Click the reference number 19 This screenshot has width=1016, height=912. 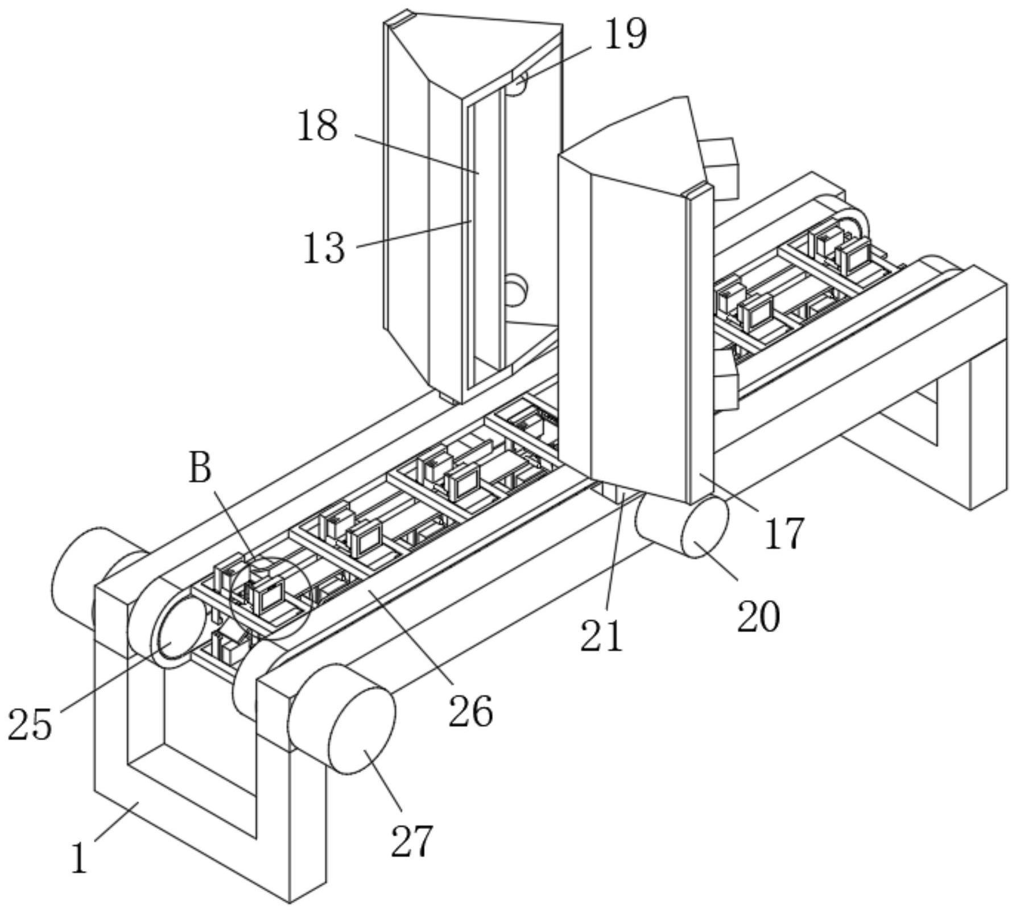pyautogui.click(x=625, y=34)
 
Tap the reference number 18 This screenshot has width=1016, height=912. pyautogui.click(x=317, y=126)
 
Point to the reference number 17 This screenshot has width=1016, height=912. pyautogui.click(x=784, y=533)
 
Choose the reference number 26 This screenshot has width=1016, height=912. pyautogui.click(x=470, y=711)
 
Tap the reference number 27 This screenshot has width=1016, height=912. pyautogui.click(x=412, y=840)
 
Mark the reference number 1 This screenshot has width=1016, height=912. pyautogui.click(x=80, y=857)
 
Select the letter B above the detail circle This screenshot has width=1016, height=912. pyautogui.click(x=200, y=468)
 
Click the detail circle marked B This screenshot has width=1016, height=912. pyautogui.click(x=270, y=597)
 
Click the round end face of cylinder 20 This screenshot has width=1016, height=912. pyautogui.click(x=705, y=526)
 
